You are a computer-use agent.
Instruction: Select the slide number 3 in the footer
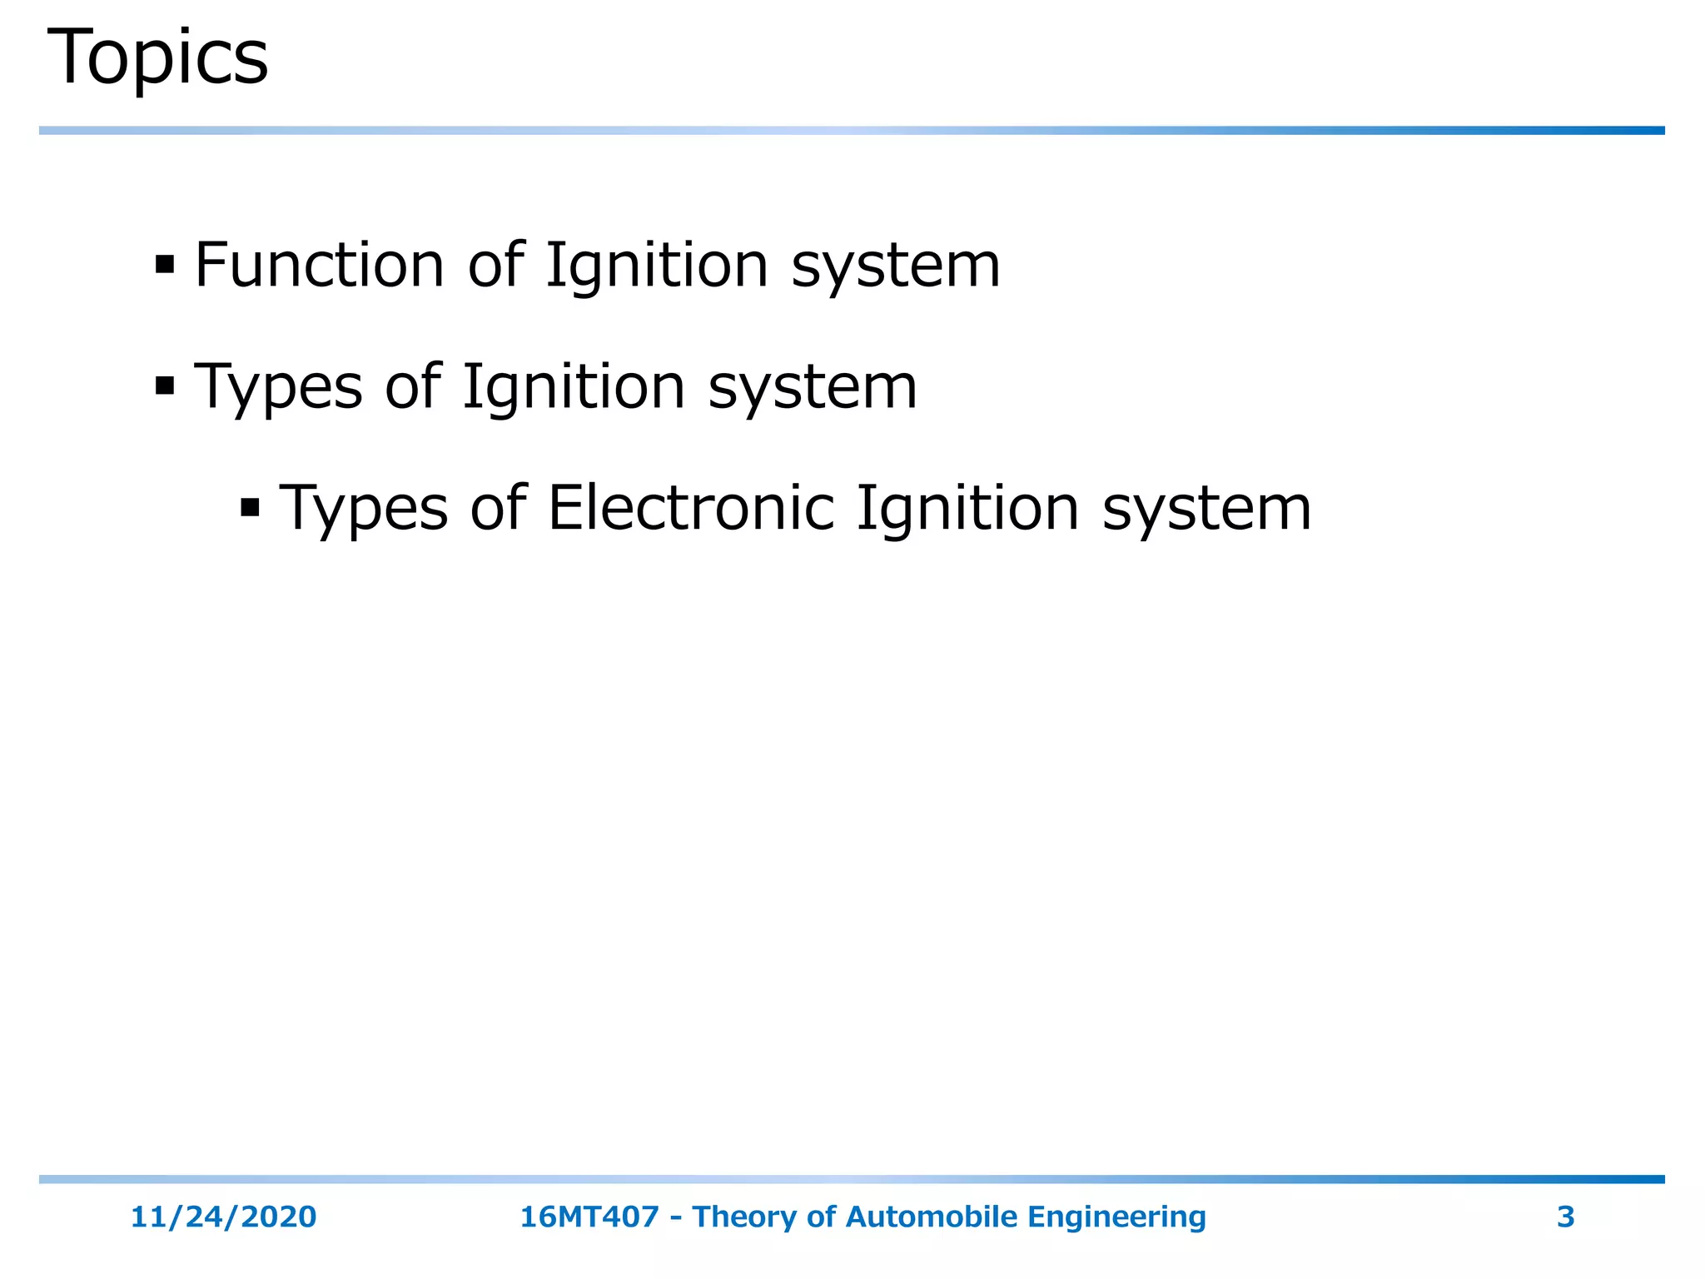[x=1565, y=1217]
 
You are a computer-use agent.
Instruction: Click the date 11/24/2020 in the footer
[x=223, y=1217]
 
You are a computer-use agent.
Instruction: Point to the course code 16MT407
[x=589, y=1217]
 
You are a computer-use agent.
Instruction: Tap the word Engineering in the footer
[x=1116, y=1217]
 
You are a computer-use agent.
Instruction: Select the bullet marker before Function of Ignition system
[x=165, y=266]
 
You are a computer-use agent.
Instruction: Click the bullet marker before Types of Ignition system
[x=165, y=386]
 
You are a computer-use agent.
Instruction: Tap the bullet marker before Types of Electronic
[x=250, y=507]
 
